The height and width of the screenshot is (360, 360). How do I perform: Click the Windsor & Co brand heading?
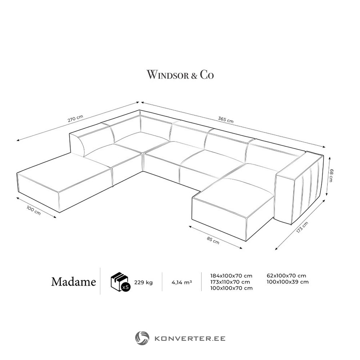point(180,75)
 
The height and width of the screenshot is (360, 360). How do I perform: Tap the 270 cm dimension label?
point(75,118)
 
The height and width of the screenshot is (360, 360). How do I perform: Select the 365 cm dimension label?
point(226,120)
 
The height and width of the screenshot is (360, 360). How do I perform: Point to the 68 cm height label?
point(331,175)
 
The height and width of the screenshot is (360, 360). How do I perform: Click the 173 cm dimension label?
point(302,227)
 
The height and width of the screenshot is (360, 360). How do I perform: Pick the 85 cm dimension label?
point(213,240)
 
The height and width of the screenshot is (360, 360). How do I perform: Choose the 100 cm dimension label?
point(34,210)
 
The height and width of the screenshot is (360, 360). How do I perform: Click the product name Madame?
point(74,282)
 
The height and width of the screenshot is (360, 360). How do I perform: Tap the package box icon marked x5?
point(120,282)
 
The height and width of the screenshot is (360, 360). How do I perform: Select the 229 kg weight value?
point(144,282)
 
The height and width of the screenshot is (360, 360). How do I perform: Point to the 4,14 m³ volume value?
point(182,282)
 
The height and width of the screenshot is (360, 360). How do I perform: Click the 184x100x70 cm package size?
point(231,276)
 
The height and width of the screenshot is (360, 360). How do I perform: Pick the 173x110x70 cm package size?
point(230,282)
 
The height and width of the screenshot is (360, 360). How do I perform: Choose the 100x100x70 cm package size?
point(232,288)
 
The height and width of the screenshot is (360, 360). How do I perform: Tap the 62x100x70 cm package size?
point(286,276)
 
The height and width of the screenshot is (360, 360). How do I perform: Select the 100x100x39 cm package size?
point(288,282)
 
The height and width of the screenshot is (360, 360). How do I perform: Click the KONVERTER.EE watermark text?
point(190,338)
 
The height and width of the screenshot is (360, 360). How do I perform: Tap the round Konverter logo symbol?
point(142,338)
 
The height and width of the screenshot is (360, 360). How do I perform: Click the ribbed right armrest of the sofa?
point(300,187)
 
